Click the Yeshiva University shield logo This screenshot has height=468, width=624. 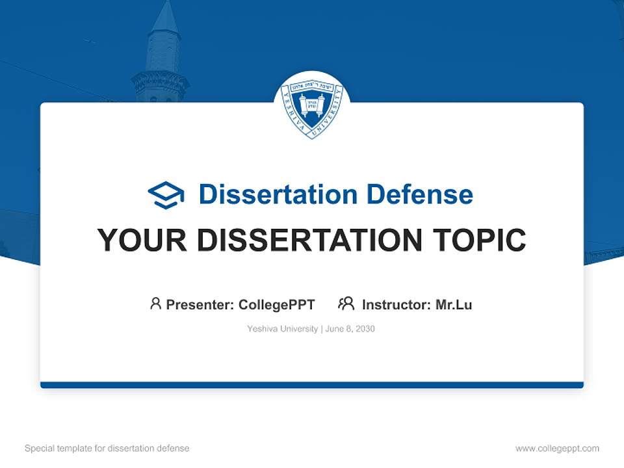[312, 106]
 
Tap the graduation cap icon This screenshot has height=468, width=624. [166, 194]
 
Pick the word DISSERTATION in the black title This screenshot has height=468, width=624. [308, 240]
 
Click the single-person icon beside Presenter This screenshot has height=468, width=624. [155, 304]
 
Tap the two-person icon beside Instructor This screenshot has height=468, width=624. [346, 304]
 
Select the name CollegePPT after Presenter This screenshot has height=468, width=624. [276, 304]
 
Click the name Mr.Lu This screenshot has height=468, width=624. [454, 304]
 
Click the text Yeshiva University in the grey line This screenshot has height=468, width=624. [282, 329]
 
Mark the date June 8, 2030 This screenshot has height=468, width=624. [350, 329]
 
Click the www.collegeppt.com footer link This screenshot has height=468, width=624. [557, 448]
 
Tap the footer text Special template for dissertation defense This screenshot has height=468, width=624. [107, 448]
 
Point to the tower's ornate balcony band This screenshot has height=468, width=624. [160, 81]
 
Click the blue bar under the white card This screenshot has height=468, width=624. [312, 385]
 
